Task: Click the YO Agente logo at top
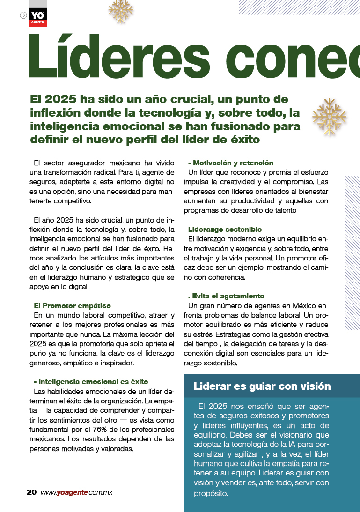[38, 17]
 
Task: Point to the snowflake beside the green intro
[329, 117]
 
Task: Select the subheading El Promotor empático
[73, 305]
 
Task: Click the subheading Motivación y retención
[230, 163]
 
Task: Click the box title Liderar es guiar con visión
[262, 386]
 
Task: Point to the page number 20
[31, 492]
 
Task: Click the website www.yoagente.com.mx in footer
[76, 492]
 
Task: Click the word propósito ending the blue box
[210, 493]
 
